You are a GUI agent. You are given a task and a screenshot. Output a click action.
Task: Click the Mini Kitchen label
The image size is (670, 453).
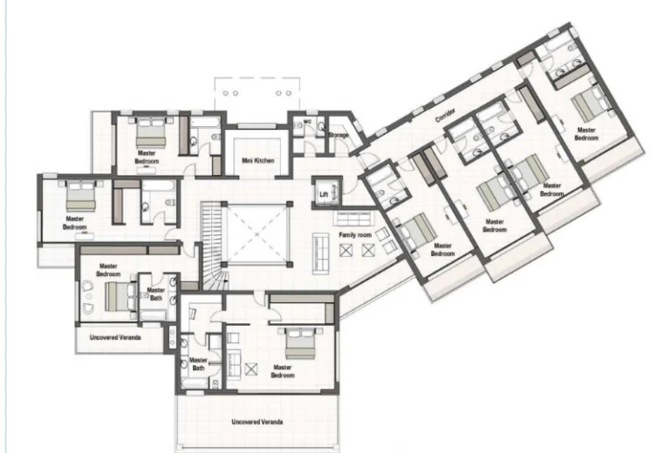[258, 160]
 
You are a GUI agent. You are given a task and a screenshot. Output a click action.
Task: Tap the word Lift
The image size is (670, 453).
[323, 194]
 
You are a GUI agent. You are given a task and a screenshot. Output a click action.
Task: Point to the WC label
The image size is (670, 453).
[306, 121]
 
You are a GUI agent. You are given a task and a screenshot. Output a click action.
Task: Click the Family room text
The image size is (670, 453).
[354, 235]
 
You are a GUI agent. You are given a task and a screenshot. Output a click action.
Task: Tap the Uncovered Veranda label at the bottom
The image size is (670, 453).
[256, 423]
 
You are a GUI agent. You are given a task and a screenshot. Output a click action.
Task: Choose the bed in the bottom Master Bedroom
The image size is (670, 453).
[297, 343]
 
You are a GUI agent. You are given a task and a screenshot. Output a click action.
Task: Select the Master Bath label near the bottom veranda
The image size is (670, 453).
[198, 364]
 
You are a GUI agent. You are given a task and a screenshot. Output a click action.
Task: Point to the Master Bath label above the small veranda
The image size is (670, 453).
[155, 295]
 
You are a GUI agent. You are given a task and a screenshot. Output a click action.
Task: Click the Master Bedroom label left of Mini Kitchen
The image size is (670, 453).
[147, 157]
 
